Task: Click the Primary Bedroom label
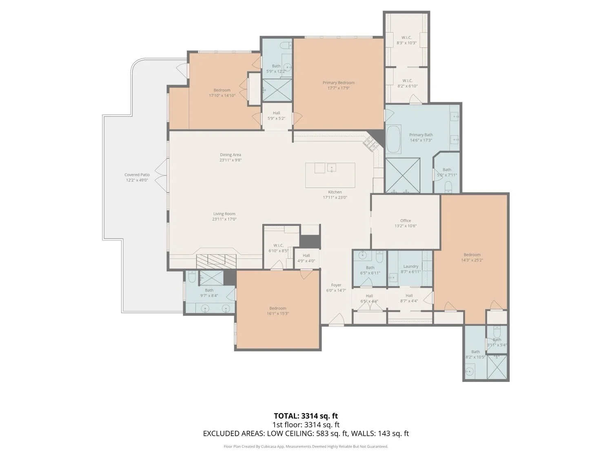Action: [x=338, y=83]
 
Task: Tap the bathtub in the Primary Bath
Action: [x=393, y=139]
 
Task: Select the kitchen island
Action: [x=330, y=175]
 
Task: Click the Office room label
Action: [x=406, y=221]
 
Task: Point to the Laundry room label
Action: [x=410, y=266]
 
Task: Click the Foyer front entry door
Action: [x=337, y=320]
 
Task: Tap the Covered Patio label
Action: [x=137, y=175]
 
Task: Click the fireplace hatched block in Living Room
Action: [x=216, y=261]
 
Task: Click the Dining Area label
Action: [x=231, y=155]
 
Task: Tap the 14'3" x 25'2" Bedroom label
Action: [x=472, y=257]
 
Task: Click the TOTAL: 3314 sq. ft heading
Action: [x=306, y=416]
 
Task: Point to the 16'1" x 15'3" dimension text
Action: [x=277, y=314]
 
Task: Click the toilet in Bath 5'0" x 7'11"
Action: [x=448, y=187]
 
